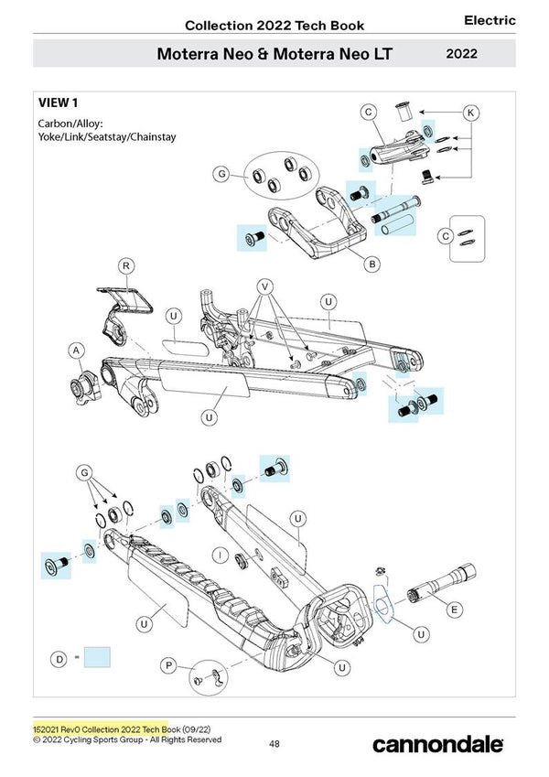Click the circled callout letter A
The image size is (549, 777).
point(77,350)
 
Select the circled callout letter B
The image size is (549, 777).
point(372,264)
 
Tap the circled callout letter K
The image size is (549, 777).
point(470,113)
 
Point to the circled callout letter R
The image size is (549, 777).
point(127,266)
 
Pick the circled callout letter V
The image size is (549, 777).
point(264,285)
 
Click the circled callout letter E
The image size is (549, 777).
point(455,609)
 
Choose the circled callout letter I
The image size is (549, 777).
point(221,555)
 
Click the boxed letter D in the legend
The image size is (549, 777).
point(59,657)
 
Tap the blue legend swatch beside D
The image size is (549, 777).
point(97,658)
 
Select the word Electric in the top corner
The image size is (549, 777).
point(490,20)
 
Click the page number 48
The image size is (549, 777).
point(274,744)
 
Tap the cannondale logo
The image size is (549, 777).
point(437,744)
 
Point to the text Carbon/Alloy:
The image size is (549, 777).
point(70,123)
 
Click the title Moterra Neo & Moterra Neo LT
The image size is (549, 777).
point(274,53)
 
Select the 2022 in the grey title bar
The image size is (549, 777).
point(466,53)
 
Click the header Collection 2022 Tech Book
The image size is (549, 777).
point(274,25)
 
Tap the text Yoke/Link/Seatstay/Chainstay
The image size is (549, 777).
point(106,137)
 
